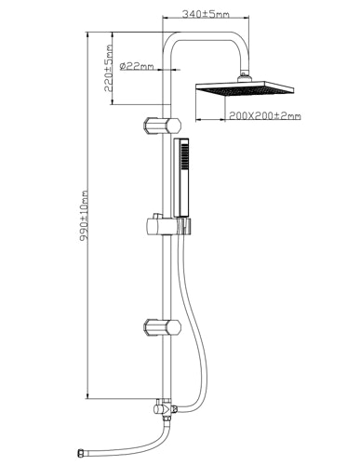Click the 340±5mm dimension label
(x=206, y=14)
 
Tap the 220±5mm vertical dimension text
(x=108, y=68)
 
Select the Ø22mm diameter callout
(x=137, y=66)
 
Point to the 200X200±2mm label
(x=265, y=116)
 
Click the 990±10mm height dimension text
(x=84, y=216)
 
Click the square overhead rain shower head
(x=245, y=88)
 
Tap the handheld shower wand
(x=181, y=178)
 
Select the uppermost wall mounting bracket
(x=162, y=126)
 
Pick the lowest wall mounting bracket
(x=162, y=328)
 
